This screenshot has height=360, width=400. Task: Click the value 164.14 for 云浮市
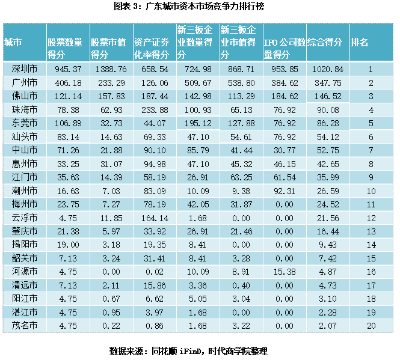[153, 218]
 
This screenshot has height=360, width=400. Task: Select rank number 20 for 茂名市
[371, 325]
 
